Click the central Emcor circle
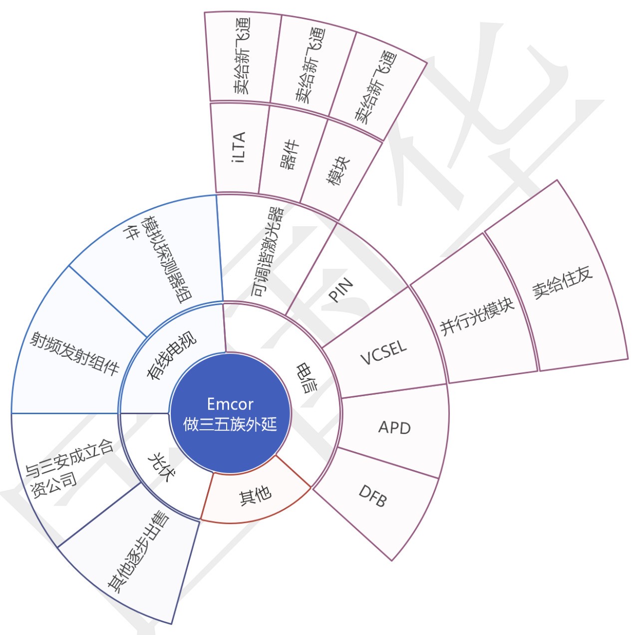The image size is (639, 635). tap(230, 413)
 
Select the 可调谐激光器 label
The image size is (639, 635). tap(267, 252)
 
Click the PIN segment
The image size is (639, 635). tap(341, 289)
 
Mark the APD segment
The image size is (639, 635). tap(394, 428)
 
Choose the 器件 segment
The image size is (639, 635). tap(289, 154)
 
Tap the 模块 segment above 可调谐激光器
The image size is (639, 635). tap(338, 171)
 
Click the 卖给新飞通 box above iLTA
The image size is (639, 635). tap(241, 56)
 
